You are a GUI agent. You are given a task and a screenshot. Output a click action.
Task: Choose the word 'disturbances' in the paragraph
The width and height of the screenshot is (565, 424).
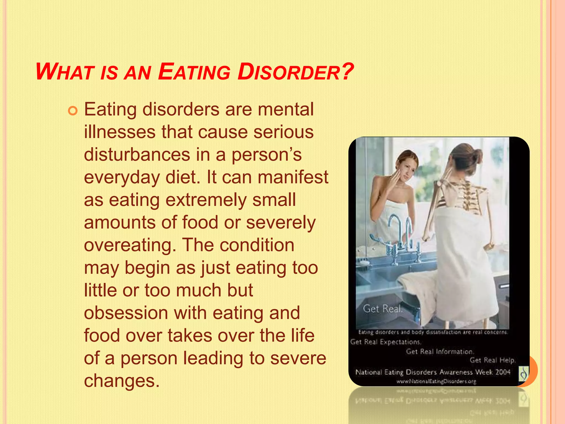pyautogui.click(x=137, y=155)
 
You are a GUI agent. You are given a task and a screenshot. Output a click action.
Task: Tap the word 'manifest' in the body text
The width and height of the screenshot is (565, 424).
pyautogui.click(x=293, y=177)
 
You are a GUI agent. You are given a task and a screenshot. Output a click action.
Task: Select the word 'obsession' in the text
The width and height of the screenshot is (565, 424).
pyautogui.click(x=126, y=313)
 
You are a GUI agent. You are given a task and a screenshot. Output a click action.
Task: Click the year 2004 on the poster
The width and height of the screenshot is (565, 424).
pyautogui.click(x=503, y=372)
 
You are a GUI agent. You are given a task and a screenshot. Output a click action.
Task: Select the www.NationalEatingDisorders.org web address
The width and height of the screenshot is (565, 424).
pyautogui.click(x=436, y=381)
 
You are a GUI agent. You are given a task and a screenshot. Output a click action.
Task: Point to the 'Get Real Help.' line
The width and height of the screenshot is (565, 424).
pyautogui.click(x=492, y=360)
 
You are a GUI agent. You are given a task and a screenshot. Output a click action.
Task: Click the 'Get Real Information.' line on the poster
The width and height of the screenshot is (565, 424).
pyautogui.click(x=440, y=351)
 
